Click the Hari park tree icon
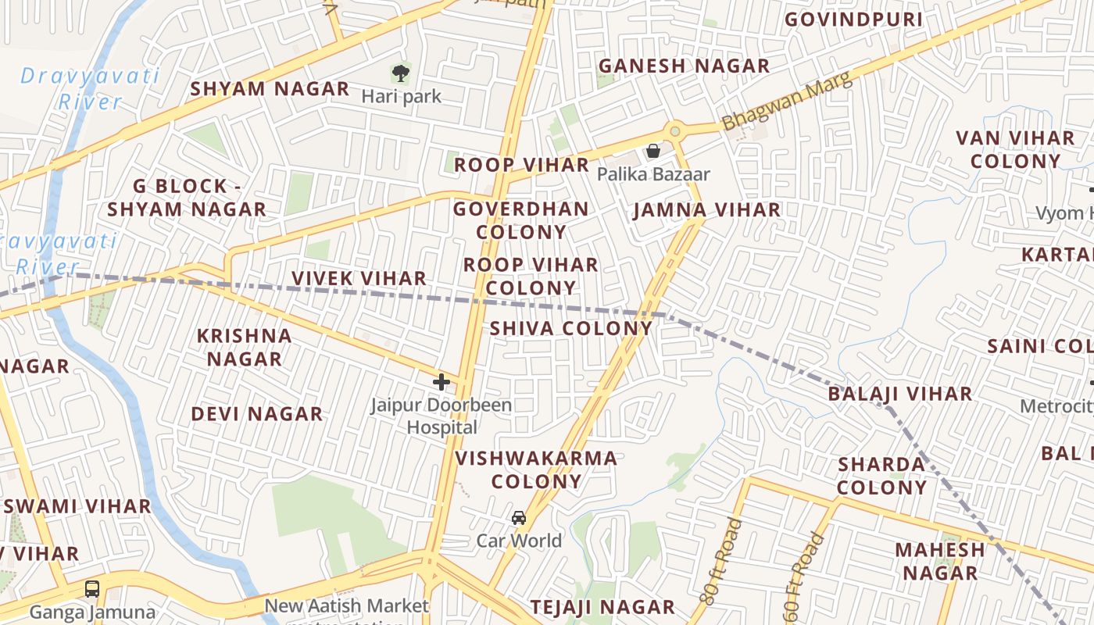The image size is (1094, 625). coord(400,73)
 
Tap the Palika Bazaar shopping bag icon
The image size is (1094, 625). coord(653,151)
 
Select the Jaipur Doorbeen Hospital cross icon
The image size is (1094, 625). coord(442,382)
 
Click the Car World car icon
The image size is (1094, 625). coord(519,518)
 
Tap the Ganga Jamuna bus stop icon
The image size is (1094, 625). coord(92,588)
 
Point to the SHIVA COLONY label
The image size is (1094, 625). coord(571,328)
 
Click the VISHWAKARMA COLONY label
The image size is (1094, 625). coord(536,470)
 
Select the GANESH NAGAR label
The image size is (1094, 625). coord(684,66)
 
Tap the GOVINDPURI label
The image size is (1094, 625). coord(853,20)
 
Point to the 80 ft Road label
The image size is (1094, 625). coord(720,561)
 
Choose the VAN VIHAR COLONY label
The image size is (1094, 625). coord(1015,150)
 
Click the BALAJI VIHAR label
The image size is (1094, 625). coord(899,394)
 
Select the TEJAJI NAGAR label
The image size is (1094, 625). coord(602,607)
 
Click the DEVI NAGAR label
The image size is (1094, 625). coord(257,414)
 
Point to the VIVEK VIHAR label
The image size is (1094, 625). coord(359,278)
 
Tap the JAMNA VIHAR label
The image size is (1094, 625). coord(706,210)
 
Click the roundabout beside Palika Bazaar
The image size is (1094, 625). coord(674,130)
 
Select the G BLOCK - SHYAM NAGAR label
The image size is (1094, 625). coord(187,198)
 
